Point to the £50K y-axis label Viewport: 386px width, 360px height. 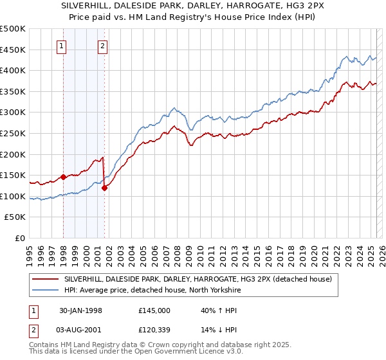15,217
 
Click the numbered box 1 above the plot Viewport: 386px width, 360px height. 60,46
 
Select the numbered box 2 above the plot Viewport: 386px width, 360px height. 102,46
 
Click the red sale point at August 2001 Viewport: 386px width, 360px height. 104,188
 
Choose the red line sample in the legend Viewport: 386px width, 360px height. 46,279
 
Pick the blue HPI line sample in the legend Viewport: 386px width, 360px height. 46,290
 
